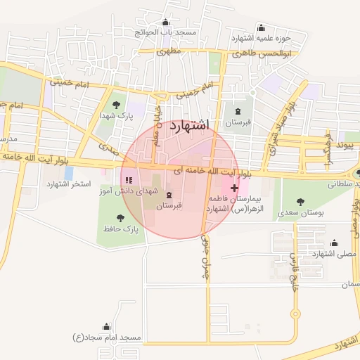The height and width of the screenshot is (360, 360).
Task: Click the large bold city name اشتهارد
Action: [x=190, y=125]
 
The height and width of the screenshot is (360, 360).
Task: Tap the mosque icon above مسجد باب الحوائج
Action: [x=165, y=23]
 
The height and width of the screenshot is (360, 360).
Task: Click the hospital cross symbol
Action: [x=234, y=188]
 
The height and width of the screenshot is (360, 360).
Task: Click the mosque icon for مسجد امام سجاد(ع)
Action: [x=106, y=327]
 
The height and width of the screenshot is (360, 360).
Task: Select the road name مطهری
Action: [x=169, y=51]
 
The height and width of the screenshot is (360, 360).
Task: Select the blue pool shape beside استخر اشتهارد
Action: [x=68, y=172]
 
